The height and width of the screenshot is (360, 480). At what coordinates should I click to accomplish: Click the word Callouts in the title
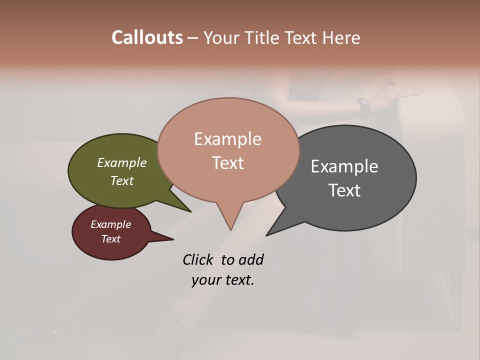(147, 37)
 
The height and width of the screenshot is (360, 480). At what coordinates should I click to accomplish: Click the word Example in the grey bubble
(344, 166)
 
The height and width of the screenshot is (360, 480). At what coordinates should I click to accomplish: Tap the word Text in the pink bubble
(228, 163)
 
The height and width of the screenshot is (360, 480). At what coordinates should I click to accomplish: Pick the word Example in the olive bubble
(122, 162)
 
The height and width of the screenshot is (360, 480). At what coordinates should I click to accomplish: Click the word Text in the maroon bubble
(111, 239)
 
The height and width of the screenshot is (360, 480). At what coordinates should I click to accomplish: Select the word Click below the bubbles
(198, 259)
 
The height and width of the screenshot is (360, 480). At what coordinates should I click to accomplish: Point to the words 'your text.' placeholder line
(223, 280)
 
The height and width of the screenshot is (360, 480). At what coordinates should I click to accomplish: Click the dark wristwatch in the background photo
(364, 106)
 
